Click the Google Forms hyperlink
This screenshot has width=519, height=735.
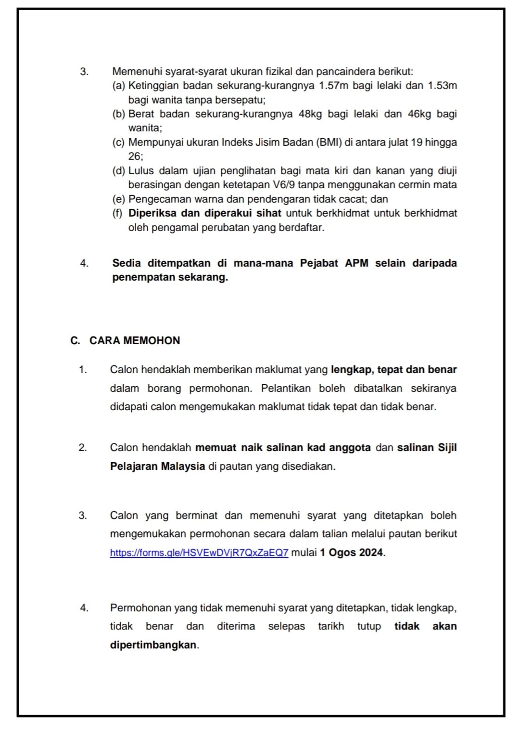[x=199, y=553]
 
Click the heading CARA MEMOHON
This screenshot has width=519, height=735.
[x=135, y=341]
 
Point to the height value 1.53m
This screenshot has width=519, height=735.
[x=442, y=86]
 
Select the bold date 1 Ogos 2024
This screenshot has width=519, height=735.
[x=352, y=553]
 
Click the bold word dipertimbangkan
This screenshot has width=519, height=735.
[x=153, y=645]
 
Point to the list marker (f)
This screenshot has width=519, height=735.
[x=118, y=213]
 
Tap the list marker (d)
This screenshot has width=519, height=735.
[x=119, y=171]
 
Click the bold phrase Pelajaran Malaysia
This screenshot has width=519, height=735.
[x=158, y=466]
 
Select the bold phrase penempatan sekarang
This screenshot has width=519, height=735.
[x=170, y=278]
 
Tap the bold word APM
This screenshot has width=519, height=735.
[x=356, y=263]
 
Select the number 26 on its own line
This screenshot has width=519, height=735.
[x=135, y=156]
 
